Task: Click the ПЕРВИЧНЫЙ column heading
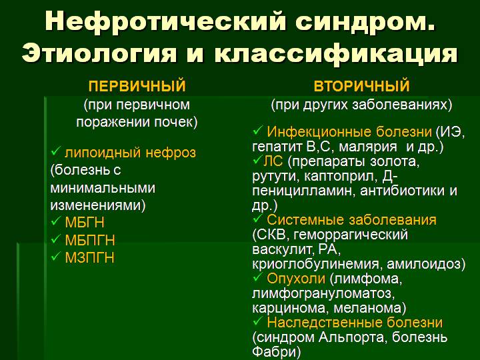(137, 87)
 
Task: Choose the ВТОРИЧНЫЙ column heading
(361, 87)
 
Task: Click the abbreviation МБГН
(85, 222)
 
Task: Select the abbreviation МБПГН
(90, 240)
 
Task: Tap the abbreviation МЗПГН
(89, 257)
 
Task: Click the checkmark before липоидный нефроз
(55, 152)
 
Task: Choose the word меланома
(375, 308)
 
